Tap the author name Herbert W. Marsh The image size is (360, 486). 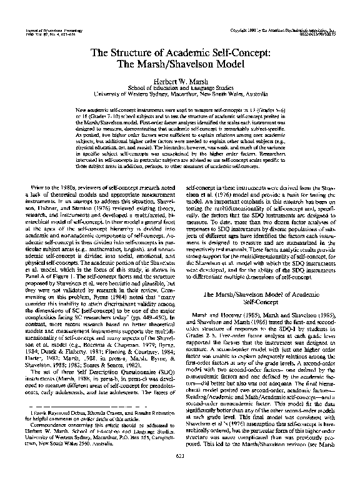[180, 81]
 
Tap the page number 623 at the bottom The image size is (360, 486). [180, 474]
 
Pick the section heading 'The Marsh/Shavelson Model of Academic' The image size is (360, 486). [267, 292]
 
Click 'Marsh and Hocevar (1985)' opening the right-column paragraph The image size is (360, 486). [219, 314]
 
